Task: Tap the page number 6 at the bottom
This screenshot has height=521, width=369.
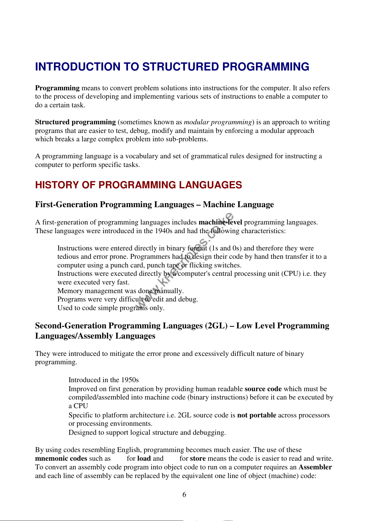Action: [184, 495]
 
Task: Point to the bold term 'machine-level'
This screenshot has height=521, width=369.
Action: [220, 222]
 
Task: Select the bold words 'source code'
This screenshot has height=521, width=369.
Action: [263, 389]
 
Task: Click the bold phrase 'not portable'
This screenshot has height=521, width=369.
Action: [257, 415]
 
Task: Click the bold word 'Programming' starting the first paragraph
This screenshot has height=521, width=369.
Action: [57, 88]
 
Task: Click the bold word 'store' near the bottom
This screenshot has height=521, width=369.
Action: [198, 459]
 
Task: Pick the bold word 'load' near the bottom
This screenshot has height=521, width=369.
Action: [144, 459]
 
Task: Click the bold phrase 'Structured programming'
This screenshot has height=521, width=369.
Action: [75, 122]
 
